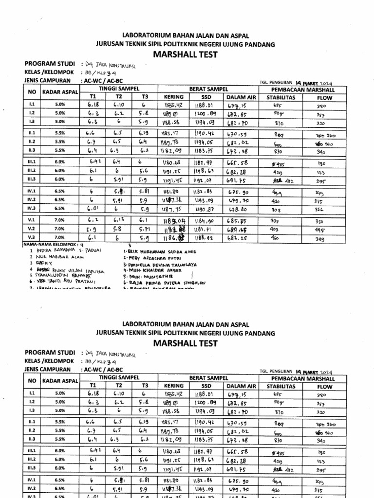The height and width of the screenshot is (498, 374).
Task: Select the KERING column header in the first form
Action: point(173,97)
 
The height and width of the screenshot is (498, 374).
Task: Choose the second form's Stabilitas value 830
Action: point(278,440)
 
